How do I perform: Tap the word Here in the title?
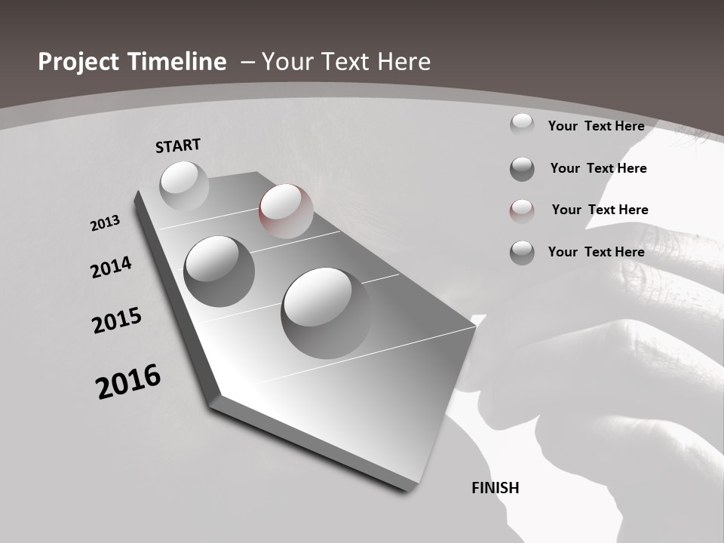[x=403, y=62]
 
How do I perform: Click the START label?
[x=178, y=146]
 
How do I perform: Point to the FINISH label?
[x=495, y=488]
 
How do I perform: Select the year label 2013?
[x=105, y=223]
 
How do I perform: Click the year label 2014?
[x=111, y=268]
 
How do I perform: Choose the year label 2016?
[x=128, y=382]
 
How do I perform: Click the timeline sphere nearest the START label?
[x=184, y=186]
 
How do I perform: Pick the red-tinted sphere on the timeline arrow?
[x=286, y=210]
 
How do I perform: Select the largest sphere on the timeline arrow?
[x=326, y=312]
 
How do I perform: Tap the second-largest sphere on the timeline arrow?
[x=219, y=271]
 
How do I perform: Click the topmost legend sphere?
[x=522, y=124]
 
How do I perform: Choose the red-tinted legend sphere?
[x=522, y=210]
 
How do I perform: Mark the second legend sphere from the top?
[x=522, y=169]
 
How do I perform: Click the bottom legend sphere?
[x=522, y=253]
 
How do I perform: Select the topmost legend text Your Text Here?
[x=596, y=126]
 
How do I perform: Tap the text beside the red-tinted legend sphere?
[x=600, y=210]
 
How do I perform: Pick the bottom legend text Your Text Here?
[x=596, y=252]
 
